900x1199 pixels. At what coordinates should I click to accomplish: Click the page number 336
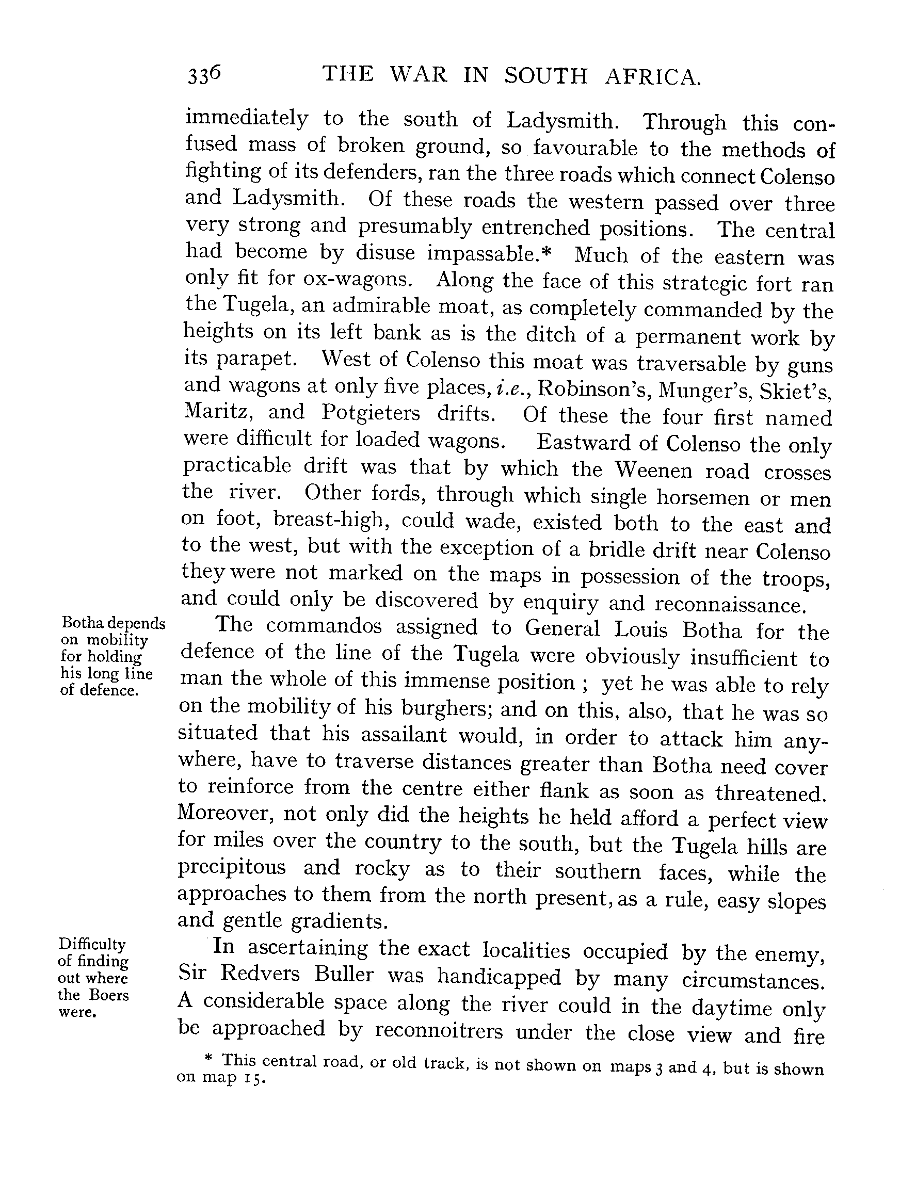pyautogui.click(x=204, y=75)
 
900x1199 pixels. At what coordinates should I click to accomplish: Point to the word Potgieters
pyautogui.click(x=371, y=413)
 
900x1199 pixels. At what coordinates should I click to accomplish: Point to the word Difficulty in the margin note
pyautogui.click(x=92, y=944)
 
